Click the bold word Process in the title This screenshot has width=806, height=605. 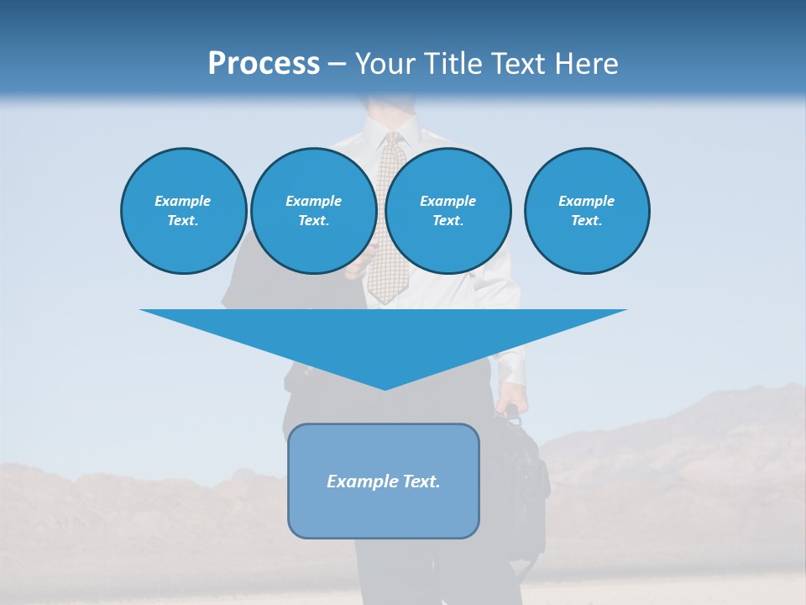click(x=264, y=63)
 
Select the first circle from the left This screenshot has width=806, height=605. click(x=183, y=210)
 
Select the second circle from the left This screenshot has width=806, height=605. click(x=313, y=210)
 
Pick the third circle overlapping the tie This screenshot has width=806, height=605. click(x=447, y=210)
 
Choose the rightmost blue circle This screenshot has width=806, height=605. click(x=586, y=210)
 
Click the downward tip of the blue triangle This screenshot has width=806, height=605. click(x=385, y=387)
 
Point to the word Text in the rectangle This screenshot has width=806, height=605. click(x=421, y=481)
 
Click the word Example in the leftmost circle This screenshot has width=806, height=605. click(x=183, y=201)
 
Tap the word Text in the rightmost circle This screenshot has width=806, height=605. click(x=586, y=220)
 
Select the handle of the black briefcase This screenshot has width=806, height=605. click(x=510, y=413)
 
